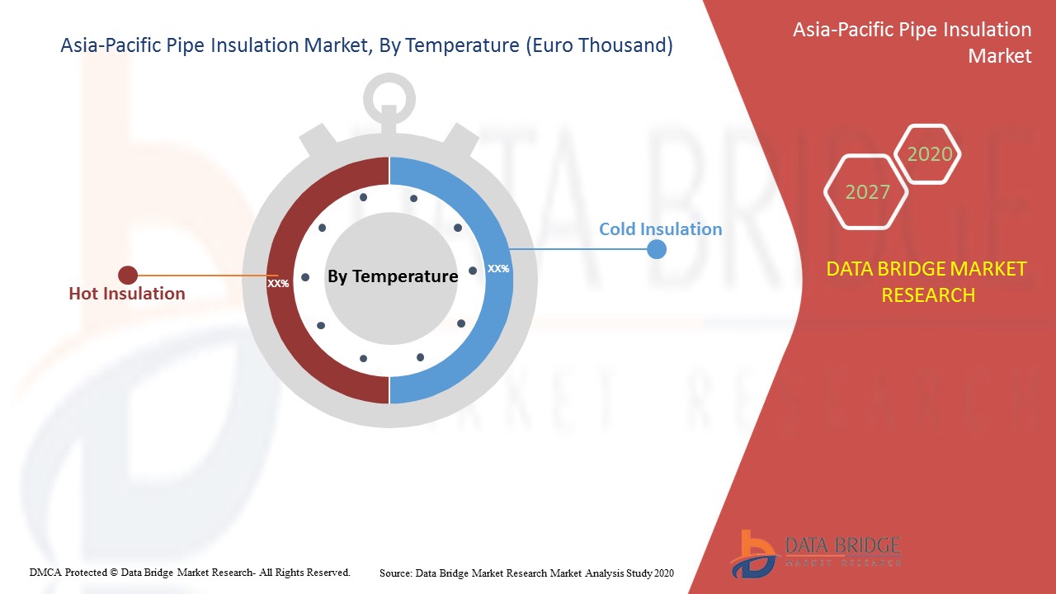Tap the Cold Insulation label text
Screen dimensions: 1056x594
(x=661, y=229)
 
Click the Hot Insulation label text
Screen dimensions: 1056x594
(x=127, y=294)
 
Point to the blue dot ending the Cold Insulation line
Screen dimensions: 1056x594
(x=656, y=249)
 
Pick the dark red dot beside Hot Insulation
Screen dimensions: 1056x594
(x=128, y=276)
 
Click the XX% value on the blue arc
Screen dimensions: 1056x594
(x=498, y=269)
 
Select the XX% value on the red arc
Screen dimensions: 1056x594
(x=278, y=283)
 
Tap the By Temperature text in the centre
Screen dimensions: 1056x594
(x=393, y=276)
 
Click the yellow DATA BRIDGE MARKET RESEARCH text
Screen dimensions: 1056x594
(x=926, y=282)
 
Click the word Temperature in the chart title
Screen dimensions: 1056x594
(x=462, y=45)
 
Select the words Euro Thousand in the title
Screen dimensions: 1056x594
(x=599, y=45)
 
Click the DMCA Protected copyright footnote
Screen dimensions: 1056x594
(x=190, y=573)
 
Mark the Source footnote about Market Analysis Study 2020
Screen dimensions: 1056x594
(x=526, y=573)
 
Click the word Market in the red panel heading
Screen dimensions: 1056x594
(x=999, y=56)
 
